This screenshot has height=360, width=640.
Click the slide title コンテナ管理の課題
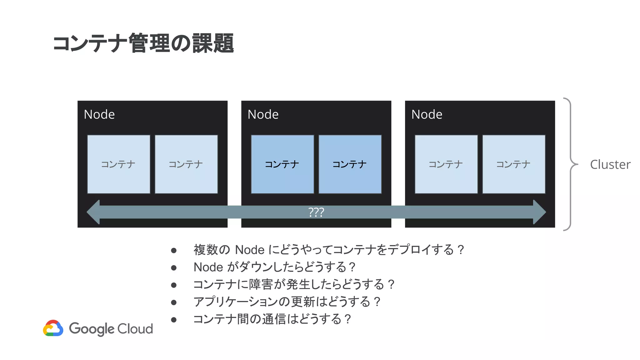pos(143,43)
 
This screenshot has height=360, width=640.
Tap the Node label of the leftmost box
pos(99,114)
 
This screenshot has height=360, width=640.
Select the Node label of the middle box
pos(263,114)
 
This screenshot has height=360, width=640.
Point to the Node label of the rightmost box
pos(427,114)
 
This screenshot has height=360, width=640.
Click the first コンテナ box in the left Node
pos(118,164)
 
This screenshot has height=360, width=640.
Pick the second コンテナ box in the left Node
pos(186,164)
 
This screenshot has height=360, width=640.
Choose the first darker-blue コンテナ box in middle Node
pos(282,164)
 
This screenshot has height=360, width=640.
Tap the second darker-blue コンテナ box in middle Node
pos(350,164)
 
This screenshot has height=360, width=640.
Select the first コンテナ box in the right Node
pos(446,164)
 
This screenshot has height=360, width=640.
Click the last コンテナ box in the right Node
pos(514,164)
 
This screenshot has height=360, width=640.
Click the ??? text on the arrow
pos(316,212)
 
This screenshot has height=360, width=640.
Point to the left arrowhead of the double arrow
pos(94,212)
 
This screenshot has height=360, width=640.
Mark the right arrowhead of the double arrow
pos(539,212)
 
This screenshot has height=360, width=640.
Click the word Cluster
pos(610,164)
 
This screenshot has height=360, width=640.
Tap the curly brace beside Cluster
pos(571,164)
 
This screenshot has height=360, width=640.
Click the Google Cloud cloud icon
pos(53,328)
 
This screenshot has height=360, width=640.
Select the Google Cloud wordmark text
pos(111,329)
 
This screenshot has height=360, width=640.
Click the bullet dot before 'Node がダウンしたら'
pos(174,267)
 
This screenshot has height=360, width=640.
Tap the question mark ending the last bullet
pos(347,319)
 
